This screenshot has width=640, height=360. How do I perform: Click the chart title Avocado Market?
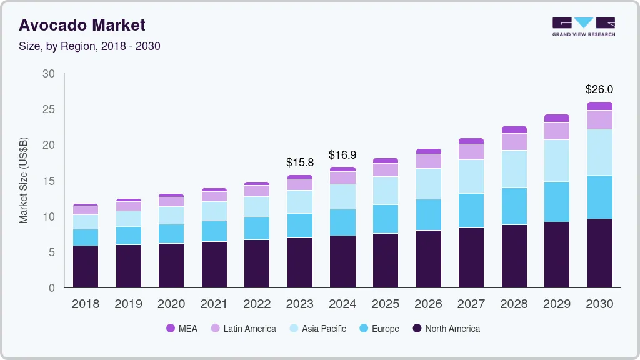click(x=82, y=25)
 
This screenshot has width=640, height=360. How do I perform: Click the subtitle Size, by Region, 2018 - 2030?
click(x=89, y=46)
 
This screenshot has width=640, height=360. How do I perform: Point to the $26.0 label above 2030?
click(x=599, y=89)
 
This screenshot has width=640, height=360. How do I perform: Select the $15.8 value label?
click(x=299, y=162)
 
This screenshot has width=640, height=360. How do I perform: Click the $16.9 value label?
click(x=342, y=154)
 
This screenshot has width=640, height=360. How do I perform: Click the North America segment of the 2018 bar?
click(x=86, y=267)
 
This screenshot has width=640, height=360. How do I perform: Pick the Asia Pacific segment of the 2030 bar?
click(x=600, y=152)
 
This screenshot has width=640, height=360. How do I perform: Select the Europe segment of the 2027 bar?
click(x=471, y=211)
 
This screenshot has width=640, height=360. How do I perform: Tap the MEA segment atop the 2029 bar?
click(x=557, y=118)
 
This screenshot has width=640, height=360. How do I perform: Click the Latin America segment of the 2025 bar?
click(x=386, y=170)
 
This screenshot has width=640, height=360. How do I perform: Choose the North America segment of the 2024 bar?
click(x=342, y=262)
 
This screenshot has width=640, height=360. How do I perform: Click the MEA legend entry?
click(x=181, y=329)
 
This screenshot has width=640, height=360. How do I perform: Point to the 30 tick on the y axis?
click(x=49, y=74)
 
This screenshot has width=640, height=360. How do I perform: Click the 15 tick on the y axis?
click(x=49, y=181)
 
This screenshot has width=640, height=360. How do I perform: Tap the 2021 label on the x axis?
click(x=214, y=304)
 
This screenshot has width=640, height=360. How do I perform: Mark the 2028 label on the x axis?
click(x=514, y=304)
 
